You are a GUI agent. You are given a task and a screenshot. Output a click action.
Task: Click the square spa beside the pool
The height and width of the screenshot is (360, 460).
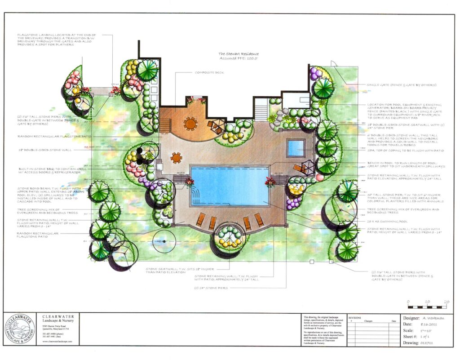coord(296,148)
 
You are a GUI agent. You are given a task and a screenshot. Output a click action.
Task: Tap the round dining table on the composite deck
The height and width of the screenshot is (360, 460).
coord(191,123)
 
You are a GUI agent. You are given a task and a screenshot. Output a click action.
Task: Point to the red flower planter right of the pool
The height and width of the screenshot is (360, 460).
coord(271,181)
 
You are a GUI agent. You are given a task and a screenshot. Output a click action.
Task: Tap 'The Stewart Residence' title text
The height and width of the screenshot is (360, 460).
coord(239,54)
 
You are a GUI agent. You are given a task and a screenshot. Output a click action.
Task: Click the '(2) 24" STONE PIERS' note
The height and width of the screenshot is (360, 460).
coord(211,288)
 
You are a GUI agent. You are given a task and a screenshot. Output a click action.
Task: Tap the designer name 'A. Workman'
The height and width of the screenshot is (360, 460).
coord(426,318)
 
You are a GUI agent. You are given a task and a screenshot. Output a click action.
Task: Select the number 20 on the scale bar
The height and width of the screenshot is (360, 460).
coord(446,302)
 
